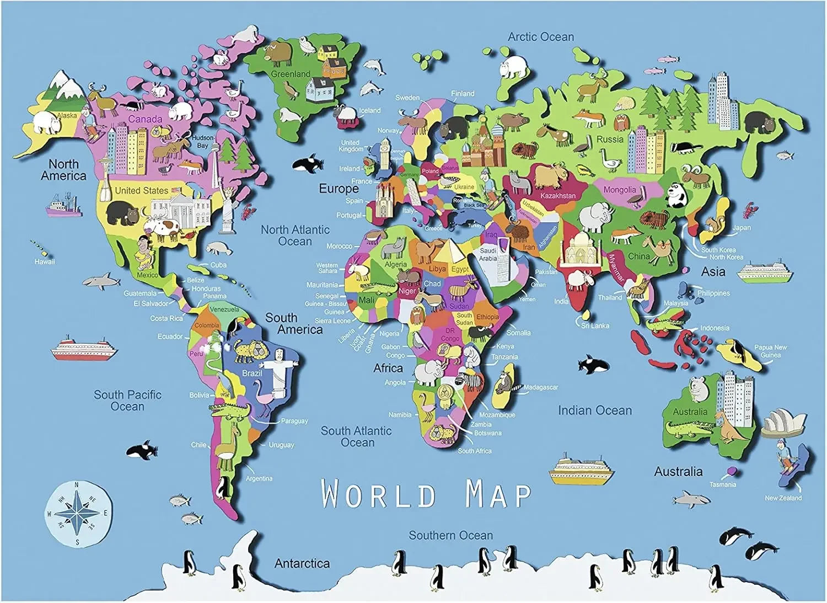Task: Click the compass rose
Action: pyautogui.click(x=78, y=513)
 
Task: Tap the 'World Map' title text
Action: pyautogui.click(x=426, y=494)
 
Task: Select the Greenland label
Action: pyautogui.click(x=291, y=74)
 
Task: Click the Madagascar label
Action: pyautogui.click(x=541, y=387)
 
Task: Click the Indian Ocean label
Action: pyautogui.click(x=594, y=410)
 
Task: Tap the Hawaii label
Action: pyautogui.click(x=45, y=262)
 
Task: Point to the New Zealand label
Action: pyautogui.click(x=783, y=498)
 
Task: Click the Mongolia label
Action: pyautogui.click(x=619, y=190)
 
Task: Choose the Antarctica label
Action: pyautogui.click(x=302, y=563)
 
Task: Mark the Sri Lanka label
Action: pyautogui.click(x=595, y=325)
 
